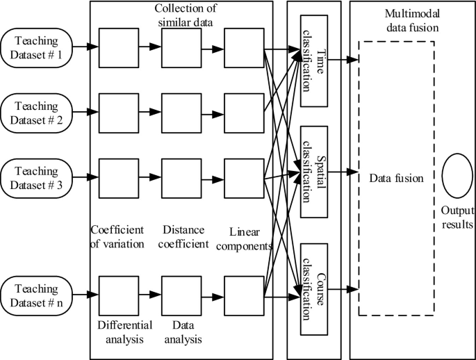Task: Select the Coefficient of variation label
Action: click(x=117, y=236)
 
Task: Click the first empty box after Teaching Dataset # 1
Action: click(x=117, y=48)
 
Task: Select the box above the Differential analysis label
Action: click(x=117, y=295)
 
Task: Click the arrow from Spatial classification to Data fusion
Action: click(x=343, y=171)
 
